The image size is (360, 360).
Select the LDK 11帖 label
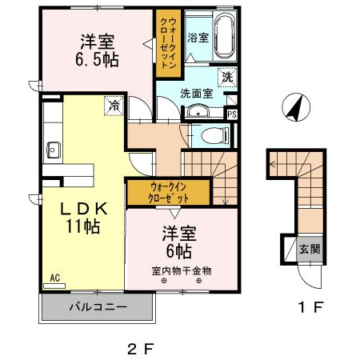point(82,218)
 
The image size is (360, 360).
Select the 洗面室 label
point(196,92)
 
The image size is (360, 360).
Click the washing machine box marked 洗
point(228,78)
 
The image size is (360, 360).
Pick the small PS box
point(232,114)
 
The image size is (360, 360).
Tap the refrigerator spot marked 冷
point(114,104)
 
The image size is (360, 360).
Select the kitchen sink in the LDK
point(54,149)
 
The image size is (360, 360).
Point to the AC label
point(56,278)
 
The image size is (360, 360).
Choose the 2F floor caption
point(139,348)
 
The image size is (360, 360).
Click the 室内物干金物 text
point(181,270)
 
